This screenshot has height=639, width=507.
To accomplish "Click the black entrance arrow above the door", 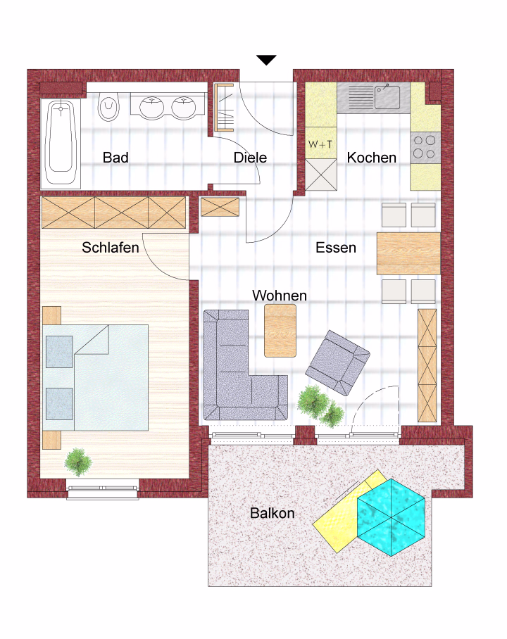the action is click(266, 60).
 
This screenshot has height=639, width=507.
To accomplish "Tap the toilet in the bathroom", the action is click(108, 106).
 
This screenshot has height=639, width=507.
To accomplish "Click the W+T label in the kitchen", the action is click(320, 144).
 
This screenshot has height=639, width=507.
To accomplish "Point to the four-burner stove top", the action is click(425, 148).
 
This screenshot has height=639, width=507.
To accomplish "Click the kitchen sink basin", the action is click(387, 96).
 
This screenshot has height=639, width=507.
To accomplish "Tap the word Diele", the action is click(250, 158).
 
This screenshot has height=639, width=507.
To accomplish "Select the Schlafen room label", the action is click(110, 248).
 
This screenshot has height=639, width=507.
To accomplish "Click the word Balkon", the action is click(272, 513).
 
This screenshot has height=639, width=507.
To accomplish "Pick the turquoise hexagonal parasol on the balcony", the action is click(391, 517).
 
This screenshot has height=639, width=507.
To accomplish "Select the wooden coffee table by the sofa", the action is click(280, 331).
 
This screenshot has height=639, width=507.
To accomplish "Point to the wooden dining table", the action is click(408, 253).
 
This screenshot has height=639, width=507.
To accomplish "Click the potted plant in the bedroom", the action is click(77, 462).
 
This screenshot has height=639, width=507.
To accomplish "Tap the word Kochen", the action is click(372, 158).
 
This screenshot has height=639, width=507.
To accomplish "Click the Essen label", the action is click(336, 248).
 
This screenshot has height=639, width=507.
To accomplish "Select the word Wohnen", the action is click(280, 296).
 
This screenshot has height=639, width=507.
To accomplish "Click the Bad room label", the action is click(115, 158).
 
